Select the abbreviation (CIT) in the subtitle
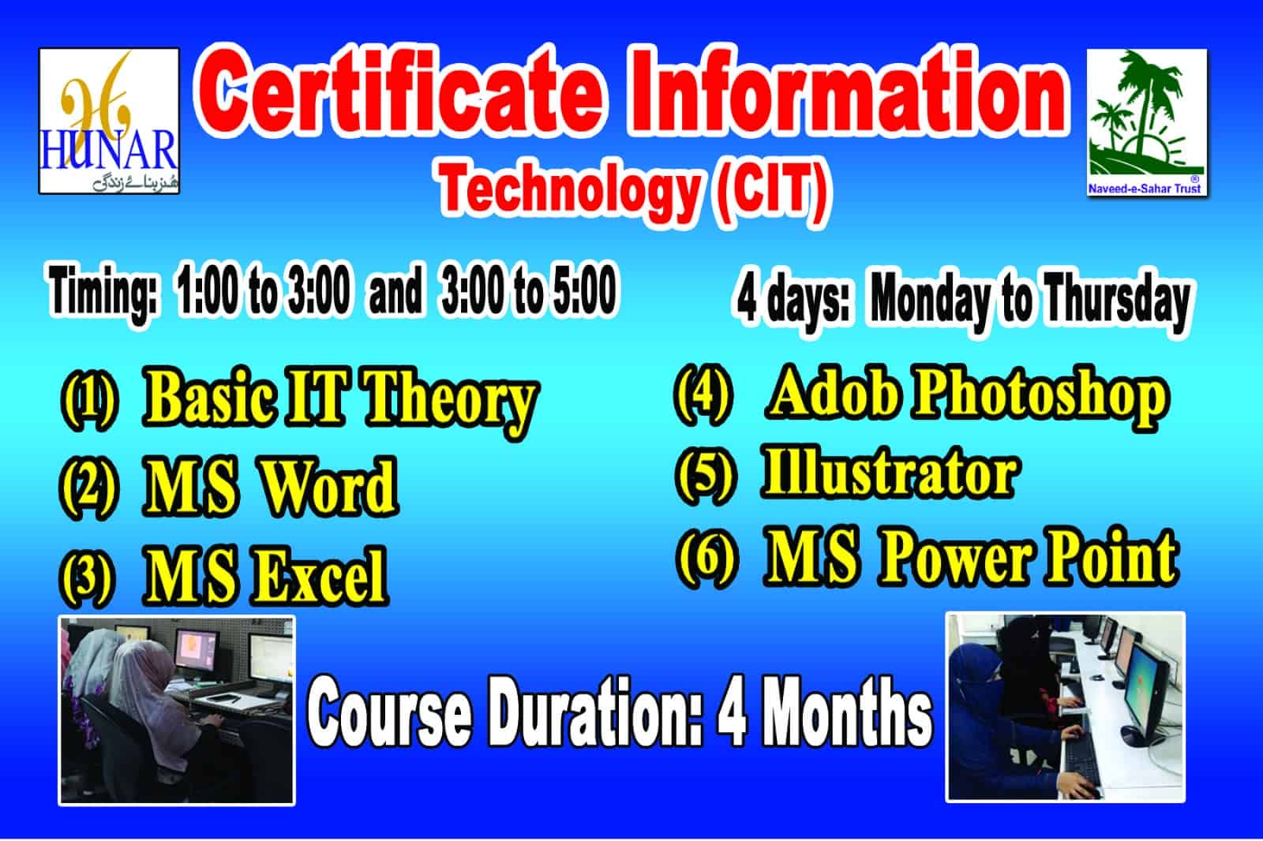pos(770,192)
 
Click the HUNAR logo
pos(109,121)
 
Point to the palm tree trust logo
pos(1147,122)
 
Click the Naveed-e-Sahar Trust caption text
pos(1145,189)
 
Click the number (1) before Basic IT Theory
pos(90,400)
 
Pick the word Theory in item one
pos(450,402)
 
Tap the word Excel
pos(319,575)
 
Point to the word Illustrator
pos(890,473)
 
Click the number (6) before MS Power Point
pos(707,559)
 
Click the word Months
pos(852,712)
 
